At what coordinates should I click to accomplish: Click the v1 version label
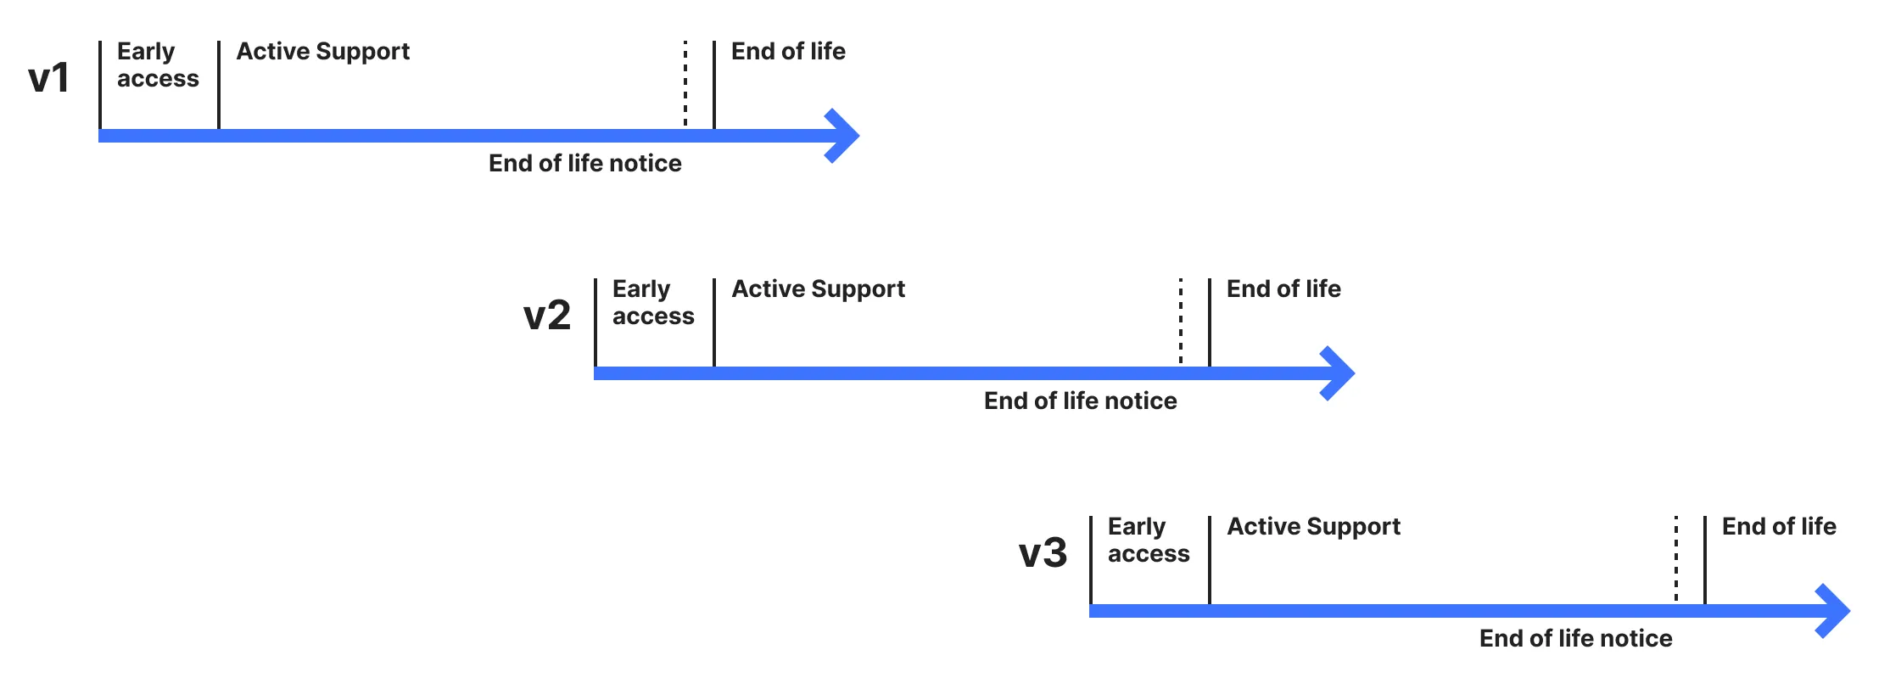tap(48, 78)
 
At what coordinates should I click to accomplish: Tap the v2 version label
tap(547, 316)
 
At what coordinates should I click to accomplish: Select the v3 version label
tap(1043, 553)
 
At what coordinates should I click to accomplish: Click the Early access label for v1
tap(158, 64)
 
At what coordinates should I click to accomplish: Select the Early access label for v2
tap(653, 302)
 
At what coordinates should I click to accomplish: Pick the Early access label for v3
tap(1149, 540)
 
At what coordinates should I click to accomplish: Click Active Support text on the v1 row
tap(322, 52)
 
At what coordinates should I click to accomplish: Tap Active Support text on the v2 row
tap(818, 289)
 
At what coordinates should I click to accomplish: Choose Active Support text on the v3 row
tap(1313, 527)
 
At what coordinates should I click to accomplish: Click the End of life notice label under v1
tap(584, 163)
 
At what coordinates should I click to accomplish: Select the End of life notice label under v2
tap(1080, 401)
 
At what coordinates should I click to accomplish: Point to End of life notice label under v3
tap(1575, 638)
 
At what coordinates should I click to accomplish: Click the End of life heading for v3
tap(1779, 526)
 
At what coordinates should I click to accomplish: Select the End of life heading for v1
tap(788, 51)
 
